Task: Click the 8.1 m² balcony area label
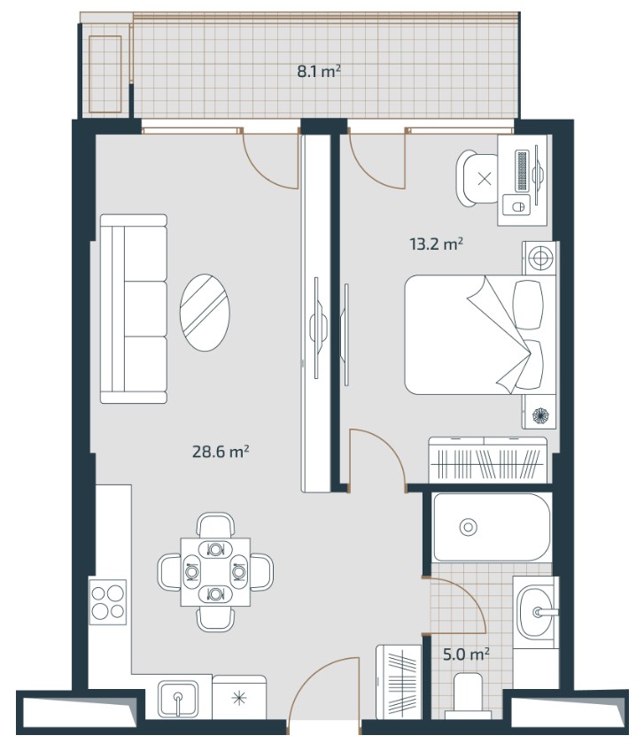point(319,72)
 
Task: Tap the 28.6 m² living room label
point(221,451)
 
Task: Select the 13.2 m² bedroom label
point(436,244)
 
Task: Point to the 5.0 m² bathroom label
point(466,654)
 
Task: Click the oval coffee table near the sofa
point(205,313)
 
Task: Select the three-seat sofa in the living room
point(134,309)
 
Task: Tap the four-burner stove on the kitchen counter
point(108,602)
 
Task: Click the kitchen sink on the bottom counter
point(178,700)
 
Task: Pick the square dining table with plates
point(215,572)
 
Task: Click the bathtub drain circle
point(468,527)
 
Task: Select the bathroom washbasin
point(536,612)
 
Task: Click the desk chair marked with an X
point(477,179)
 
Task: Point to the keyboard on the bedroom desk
point(522,172)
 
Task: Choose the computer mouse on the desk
point(516,207)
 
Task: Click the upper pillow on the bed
point(528,305)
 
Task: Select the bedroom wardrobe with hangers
point(488,460)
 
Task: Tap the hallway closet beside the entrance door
point(399,682)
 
